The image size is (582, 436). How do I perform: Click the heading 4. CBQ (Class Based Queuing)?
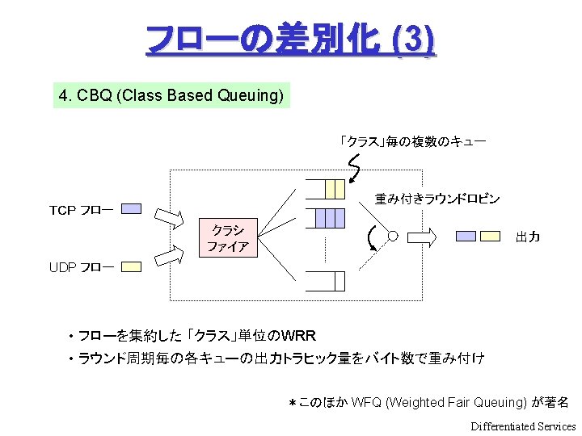(x=171, y=96)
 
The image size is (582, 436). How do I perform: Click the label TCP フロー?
(x=81, y=210)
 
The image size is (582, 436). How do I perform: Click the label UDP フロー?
(x=81, y=266)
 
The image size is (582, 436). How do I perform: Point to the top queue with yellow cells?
(x=329, y=189)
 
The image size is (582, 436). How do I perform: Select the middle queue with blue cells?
(x=329, y=218)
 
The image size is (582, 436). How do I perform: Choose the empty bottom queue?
(x=329, y=281)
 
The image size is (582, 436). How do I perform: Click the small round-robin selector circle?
(x=393, y=237)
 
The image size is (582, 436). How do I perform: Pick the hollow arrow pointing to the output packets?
(x=423, y=237)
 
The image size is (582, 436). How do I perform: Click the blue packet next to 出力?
(x=466, y=237)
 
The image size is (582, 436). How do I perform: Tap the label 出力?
(x=528, y=237)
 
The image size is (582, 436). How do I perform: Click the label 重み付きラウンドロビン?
(x=436, y=198)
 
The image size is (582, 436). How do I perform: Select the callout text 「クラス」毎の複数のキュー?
(x=412, y=141)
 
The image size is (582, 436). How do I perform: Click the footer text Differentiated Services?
(x=523, y=426)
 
